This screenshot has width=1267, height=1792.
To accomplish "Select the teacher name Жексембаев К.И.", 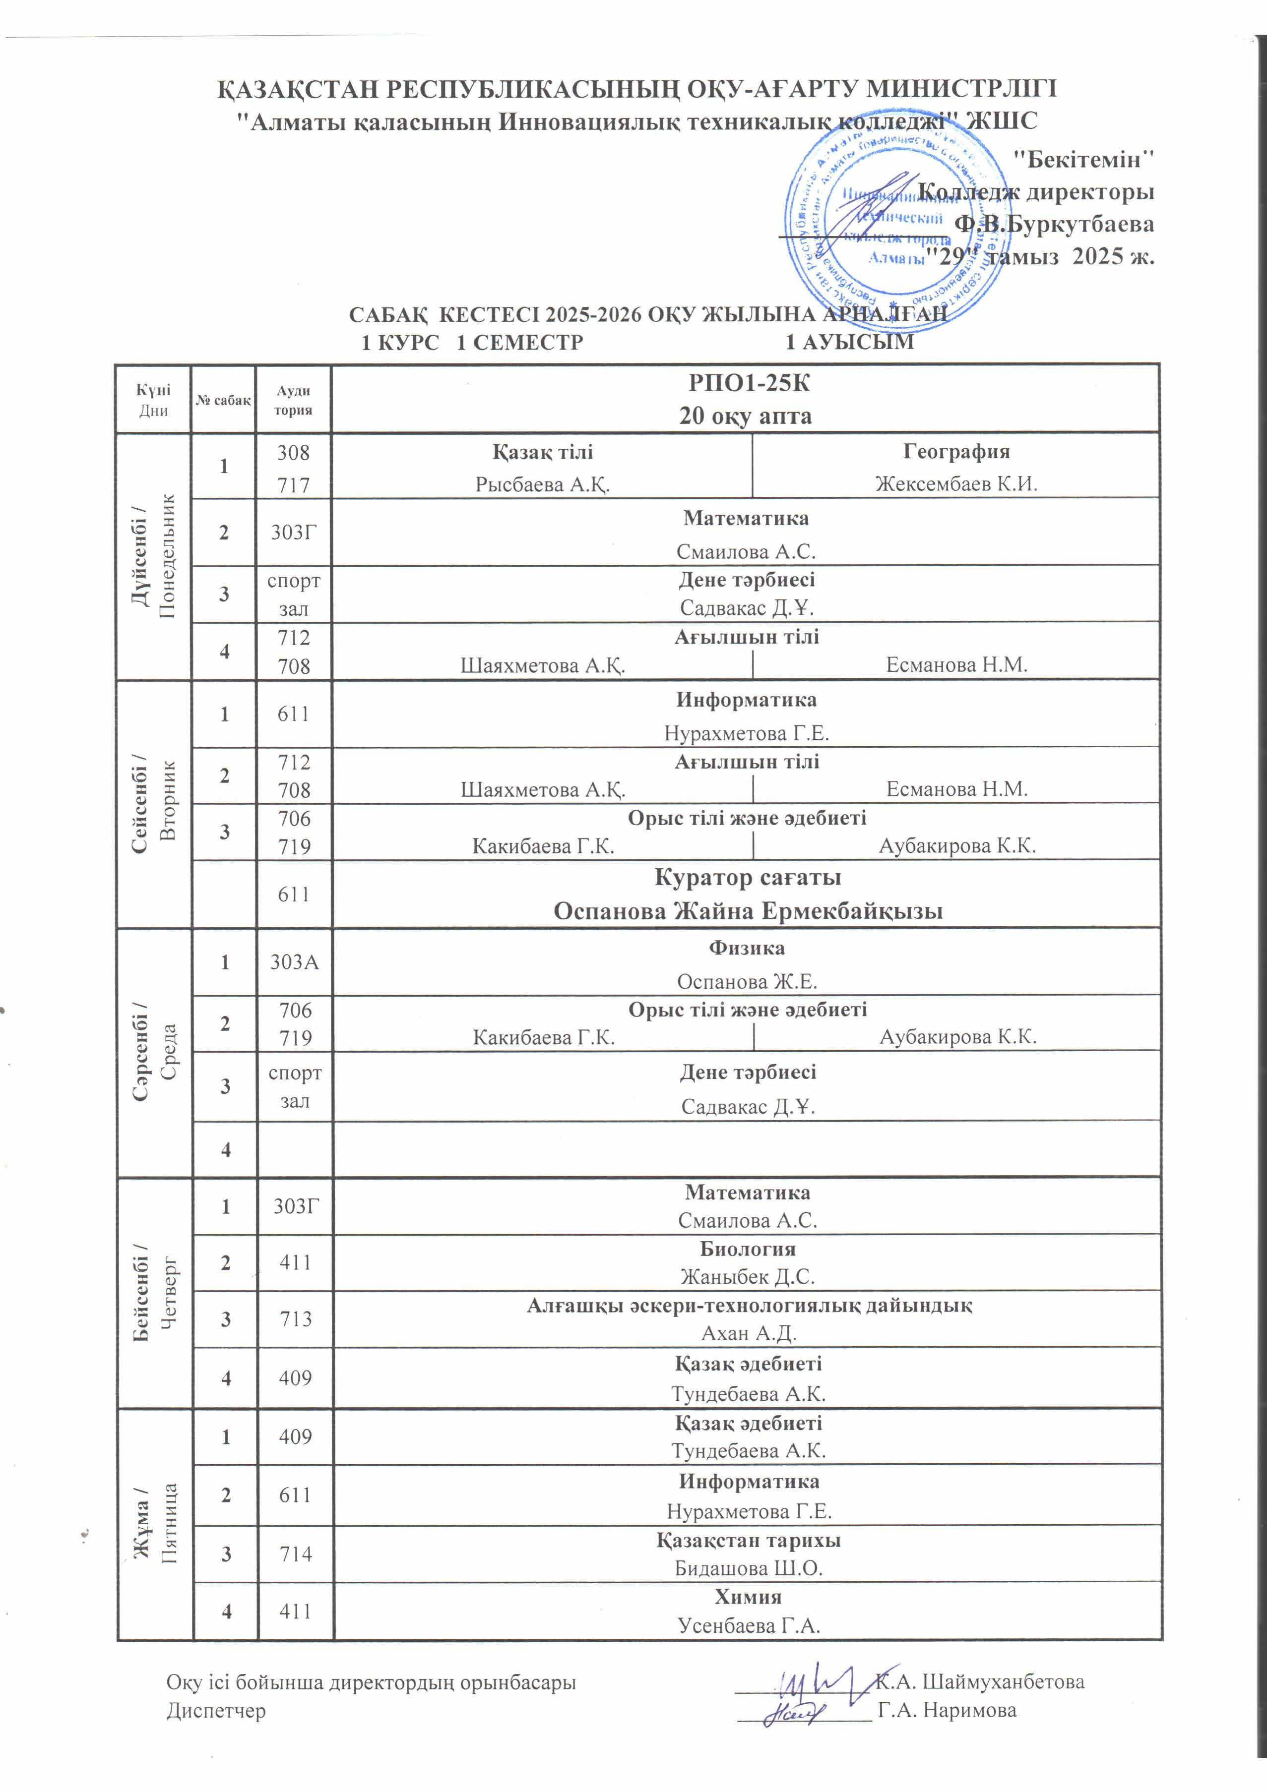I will tap(955, 484).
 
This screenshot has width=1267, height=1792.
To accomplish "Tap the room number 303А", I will tap(294, 961).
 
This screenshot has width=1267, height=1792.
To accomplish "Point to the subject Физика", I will tap(746, 948).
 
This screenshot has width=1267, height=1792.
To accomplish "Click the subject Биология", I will tap(747, 1249).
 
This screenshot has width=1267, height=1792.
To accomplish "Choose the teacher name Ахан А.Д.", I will tap(748, 1333).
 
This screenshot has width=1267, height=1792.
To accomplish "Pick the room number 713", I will tap(295, 1319).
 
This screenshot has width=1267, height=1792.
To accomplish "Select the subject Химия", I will tap(747, 1597).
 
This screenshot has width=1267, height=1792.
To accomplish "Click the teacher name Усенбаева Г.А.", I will tap(748, 1626).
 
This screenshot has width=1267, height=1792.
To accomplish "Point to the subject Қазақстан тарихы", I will tap(748, 1540).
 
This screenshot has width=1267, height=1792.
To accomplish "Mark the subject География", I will tap(955, 451).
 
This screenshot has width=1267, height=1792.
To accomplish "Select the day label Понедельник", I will tap(166, 556).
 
